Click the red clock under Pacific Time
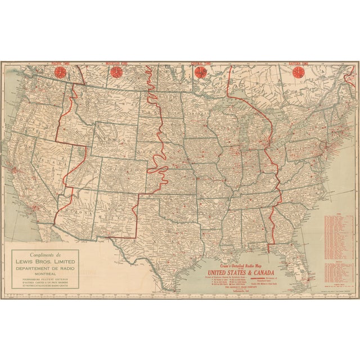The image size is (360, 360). click(58, 73)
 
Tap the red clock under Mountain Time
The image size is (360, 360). click(117, 73)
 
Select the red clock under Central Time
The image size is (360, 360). click(199, 73)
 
